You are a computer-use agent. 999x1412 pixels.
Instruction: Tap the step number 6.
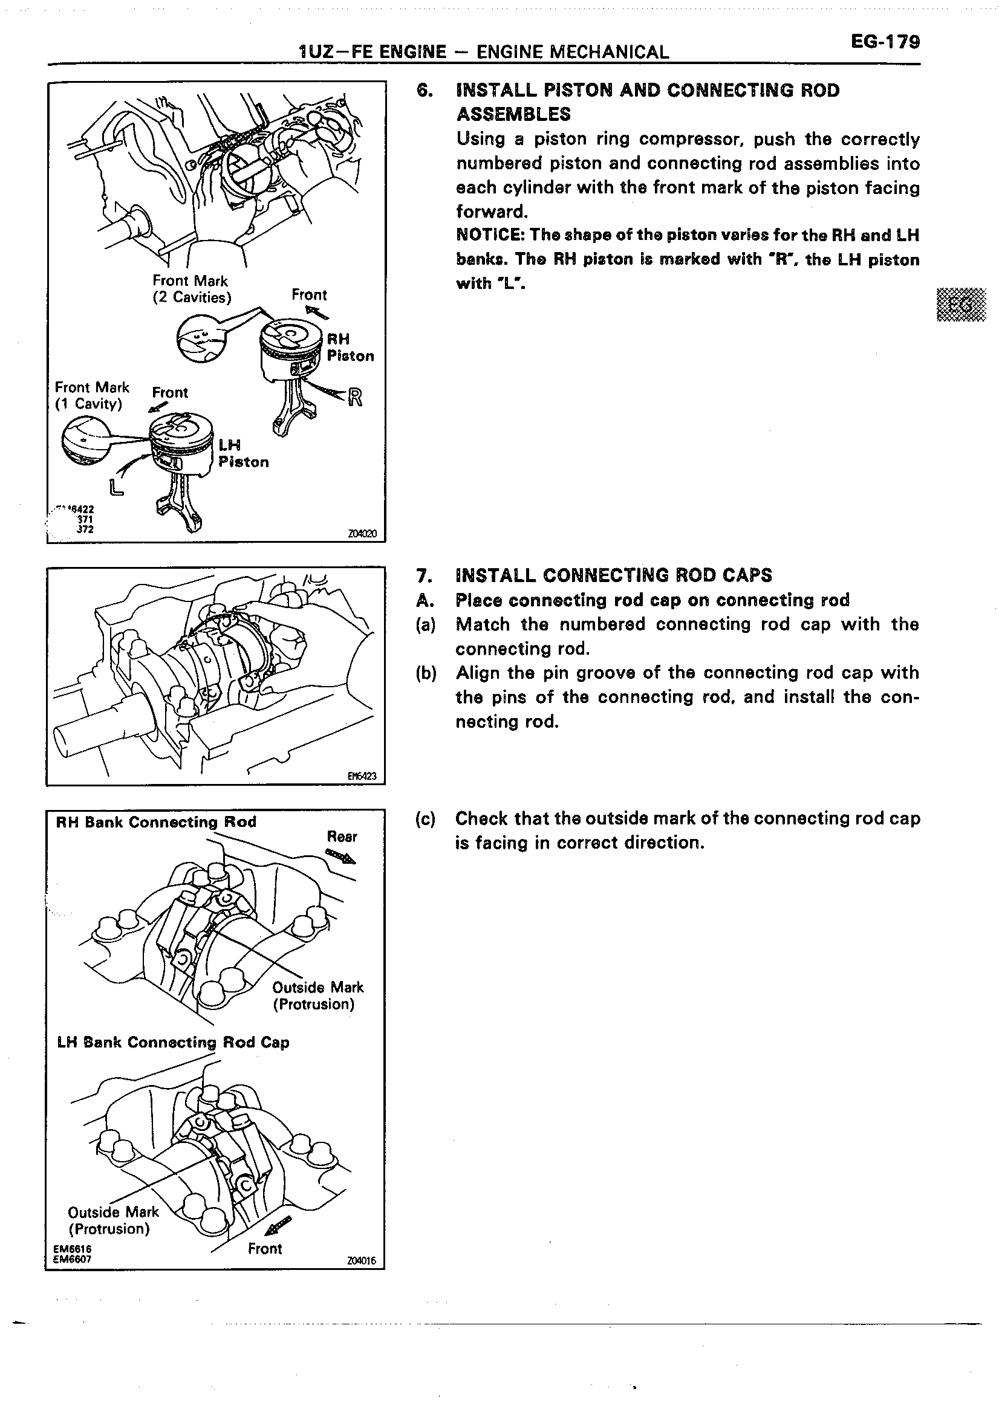(423, 91)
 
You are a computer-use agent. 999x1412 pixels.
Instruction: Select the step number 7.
(423, 575)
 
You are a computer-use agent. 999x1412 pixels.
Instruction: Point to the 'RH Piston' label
(350, 348)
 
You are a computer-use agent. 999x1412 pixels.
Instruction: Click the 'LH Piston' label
(243, 453)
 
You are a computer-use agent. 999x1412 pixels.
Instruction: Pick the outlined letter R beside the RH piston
(355, 398)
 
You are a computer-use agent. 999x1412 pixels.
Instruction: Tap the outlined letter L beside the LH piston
(116, 488)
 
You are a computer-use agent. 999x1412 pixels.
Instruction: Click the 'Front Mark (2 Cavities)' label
(191, 289)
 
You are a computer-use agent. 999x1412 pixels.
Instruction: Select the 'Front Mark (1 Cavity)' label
(92, 395)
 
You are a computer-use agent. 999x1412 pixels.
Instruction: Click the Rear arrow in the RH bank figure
(340, 855)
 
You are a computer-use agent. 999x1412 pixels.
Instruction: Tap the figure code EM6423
(362, 776)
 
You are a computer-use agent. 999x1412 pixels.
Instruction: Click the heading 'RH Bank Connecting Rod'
(155, 822)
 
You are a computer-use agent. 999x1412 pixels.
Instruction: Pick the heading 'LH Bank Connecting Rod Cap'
(173, 1043)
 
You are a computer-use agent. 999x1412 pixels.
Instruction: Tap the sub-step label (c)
(425, 819)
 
